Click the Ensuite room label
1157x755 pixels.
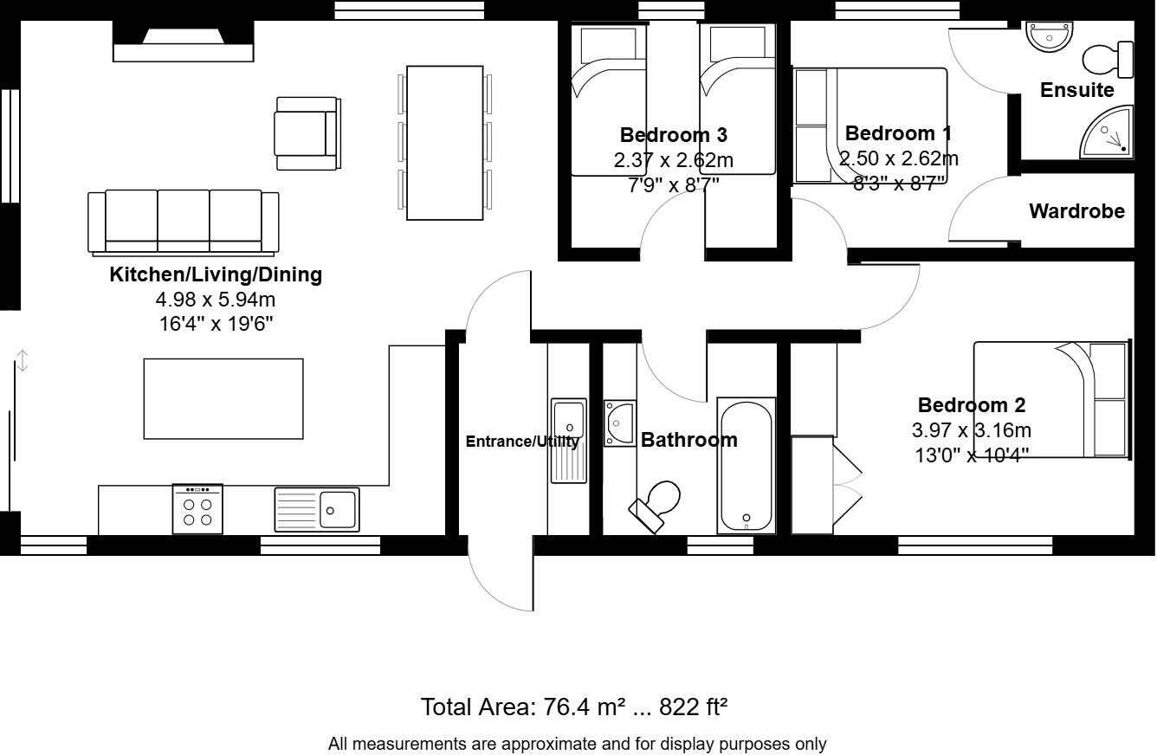1076,90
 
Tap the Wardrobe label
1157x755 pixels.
1076,211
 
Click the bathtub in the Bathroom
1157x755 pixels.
746,466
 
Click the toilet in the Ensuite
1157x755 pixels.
1108,59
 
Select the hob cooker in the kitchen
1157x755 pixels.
197,508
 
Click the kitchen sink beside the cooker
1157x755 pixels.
317,509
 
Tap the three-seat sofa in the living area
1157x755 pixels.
184,223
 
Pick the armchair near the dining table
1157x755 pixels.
307,133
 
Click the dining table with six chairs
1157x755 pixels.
444,143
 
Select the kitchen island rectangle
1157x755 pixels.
223,399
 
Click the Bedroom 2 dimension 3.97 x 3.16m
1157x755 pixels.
971,430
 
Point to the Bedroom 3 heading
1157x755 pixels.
673,135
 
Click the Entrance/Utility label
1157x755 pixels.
522,442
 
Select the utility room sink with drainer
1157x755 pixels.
568,440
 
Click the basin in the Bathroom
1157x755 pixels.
620,423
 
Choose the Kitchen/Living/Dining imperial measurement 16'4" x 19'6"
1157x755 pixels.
215,324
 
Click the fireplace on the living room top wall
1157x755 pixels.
184,43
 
